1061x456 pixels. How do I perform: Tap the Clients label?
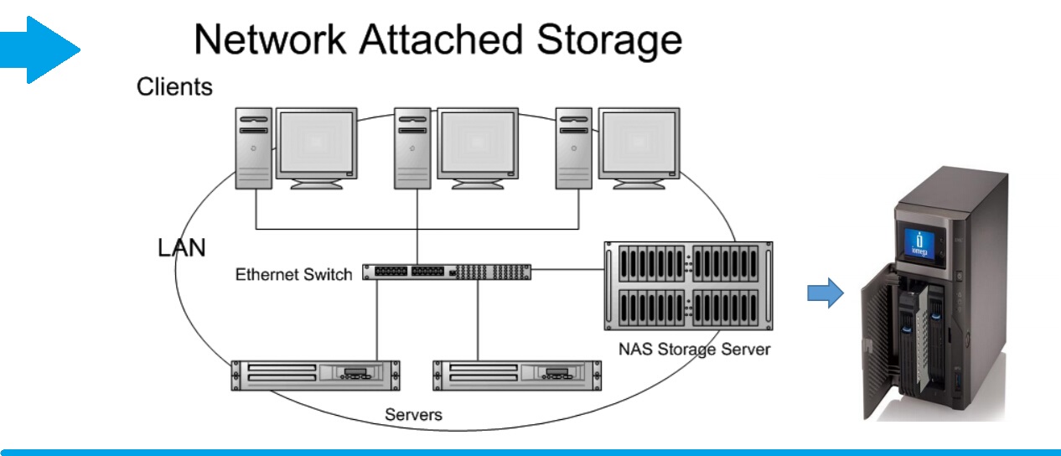click(174, 87)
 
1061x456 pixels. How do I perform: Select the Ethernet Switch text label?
click(293, 275)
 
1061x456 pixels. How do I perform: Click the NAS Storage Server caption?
click(694, 348)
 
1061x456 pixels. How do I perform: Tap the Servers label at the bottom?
click(413, 414)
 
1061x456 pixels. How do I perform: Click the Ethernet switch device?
click(447, 272)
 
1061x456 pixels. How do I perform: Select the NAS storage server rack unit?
click(688, 287)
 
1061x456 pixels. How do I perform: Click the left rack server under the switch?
click(315, 375)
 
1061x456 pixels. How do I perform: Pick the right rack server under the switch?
click(516, 375)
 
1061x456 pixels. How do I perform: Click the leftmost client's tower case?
click(253, 148)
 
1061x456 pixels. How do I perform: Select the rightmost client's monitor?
click(638, 147)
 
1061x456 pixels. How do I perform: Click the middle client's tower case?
click(413, 148)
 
